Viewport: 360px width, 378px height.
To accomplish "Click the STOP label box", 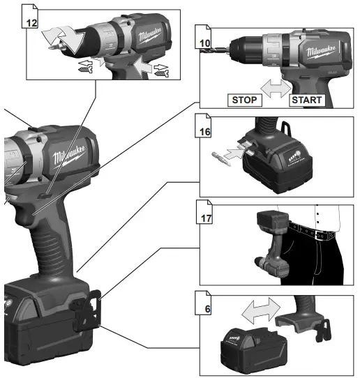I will point(245,100).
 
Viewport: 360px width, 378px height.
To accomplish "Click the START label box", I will point(306,100).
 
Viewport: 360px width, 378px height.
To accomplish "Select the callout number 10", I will point(204,43).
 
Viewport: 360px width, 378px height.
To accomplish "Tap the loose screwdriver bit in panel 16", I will point(221,151).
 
